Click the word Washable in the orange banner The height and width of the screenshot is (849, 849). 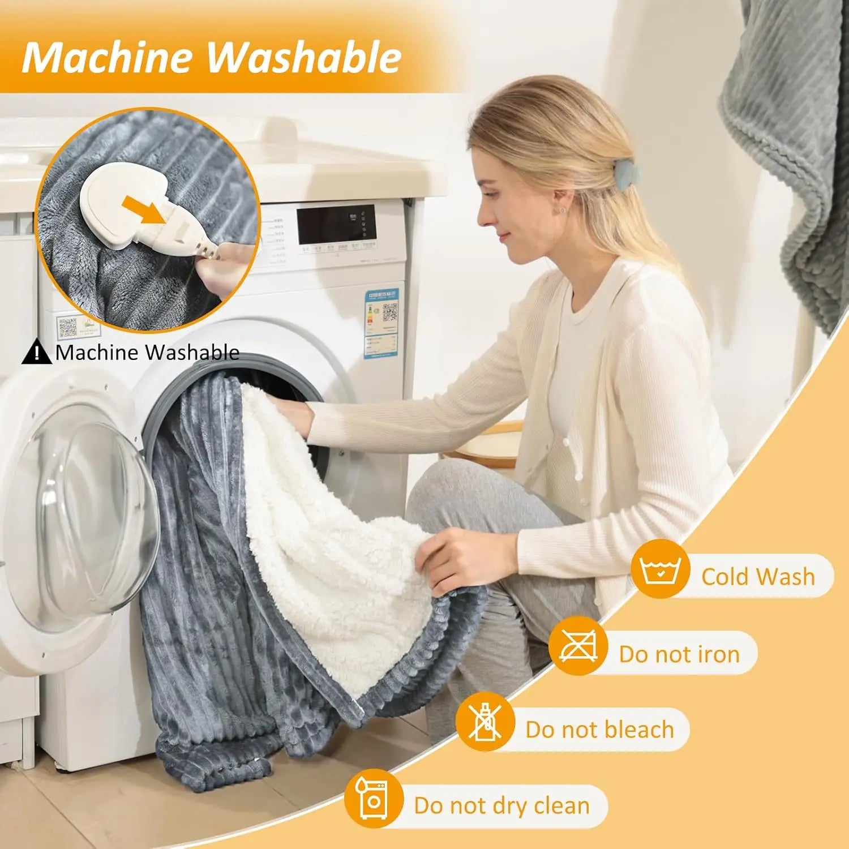click(x=303, y=58)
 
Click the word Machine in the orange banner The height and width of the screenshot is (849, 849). click(x=106, y=58)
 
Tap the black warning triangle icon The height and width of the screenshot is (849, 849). click(x=36, y=351)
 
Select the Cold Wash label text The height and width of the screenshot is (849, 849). click(x=758, y=577)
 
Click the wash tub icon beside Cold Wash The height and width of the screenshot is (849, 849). click(x=659, y=569)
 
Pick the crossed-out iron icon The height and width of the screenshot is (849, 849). click(x=578, y=646)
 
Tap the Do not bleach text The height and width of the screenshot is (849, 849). click(x=599, y=730)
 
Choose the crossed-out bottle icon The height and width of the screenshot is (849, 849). click(x=485, y=722)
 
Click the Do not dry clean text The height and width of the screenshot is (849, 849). click(x=501, y=805)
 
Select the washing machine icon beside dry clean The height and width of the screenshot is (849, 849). click(x=374, y=798)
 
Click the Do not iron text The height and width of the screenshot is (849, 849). click(x=679, y=654)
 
